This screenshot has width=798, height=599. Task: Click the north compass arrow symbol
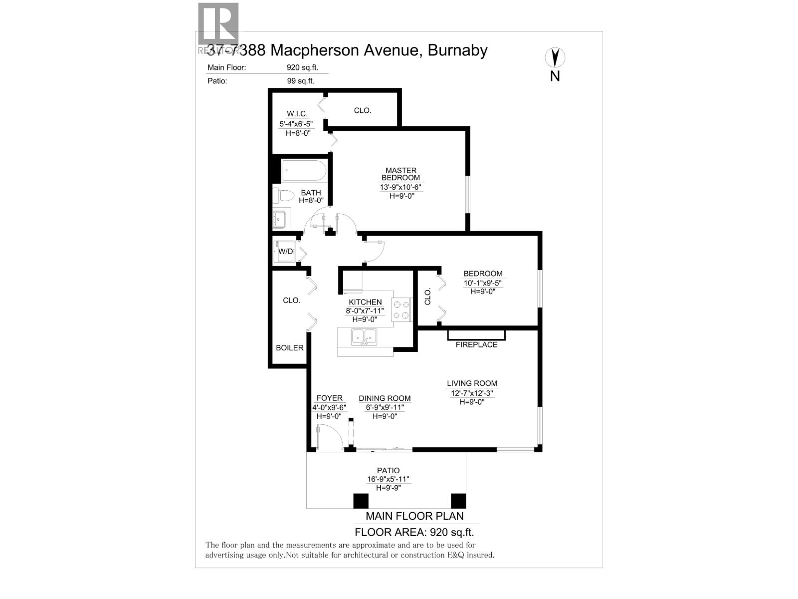[555, 58]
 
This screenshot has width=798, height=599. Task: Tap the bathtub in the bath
[304, 171]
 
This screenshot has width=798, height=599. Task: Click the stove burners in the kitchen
[402, 309]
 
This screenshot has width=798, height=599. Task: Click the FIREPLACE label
[476, 344]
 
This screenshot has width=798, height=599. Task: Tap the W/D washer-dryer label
[286, 252]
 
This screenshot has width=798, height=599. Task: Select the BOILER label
[290, 347]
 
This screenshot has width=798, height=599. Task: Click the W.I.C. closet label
[297, 114]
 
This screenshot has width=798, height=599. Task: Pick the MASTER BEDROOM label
[400, 174]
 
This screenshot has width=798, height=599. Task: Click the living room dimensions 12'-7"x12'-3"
[472, 393]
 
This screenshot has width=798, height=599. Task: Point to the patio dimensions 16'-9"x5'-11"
[388, 479]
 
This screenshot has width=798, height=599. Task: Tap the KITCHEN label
[365, 302]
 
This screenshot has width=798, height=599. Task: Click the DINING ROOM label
[385, 398]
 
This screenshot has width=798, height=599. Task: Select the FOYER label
[329, 398]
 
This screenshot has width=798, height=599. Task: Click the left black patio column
[361, 501]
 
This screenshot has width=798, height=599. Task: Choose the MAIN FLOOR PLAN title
[414, 516]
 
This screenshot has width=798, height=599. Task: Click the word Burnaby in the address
[457, 50]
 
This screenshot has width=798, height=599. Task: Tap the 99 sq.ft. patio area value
[301, 81]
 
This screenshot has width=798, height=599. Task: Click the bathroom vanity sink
[279, 219]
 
